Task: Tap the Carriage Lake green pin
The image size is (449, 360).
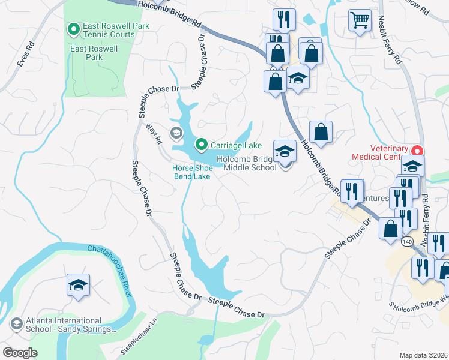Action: click(201, 144)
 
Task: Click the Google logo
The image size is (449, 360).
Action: click(20, 352)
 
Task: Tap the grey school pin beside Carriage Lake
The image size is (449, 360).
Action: click(176, 133)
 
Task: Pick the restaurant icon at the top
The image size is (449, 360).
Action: click(284, 20)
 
